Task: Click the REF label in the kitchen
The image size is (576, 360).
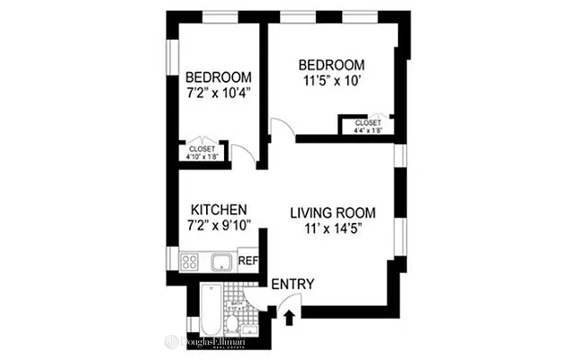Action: pyautogui.click(x=247, y=262)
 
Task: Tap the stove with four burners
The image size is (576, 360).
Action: pyautogui.click(x=191, y=263)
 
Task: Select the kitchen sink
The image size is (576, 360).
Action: pyautogui.click(x=219, y=263)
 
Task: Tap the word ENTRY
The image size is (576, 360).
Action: pyautogui.click(x=292, y=284)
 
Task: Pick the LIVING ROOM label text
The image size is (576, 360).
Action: pyautogui.click(x=332, y=213)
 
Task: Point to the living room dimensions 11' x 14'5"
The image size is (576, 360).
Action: pyautogui.click(x=332, y=229)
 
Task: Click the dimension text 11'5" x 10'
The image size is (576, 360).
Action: pyautogui.click(x=331, y=81)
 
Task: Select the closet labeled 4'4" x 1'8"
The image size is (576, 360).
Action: pyautogui.click(x=367, y=125)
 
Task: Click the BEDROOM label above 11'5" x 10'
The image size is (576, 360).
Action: pyautogui.click(x=331, y=65)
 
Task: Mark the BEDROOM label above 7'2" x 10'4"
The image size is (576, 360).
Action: pyautogui.click(x=218, y=76)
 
